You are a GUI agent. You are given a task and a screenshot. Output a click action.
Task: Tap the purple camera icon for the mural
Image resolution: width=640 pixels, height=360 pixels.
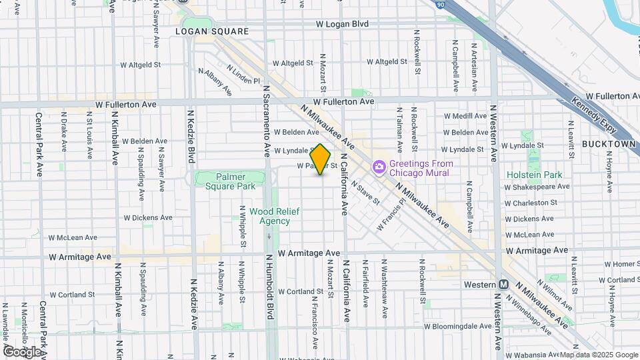[x=379, y=165]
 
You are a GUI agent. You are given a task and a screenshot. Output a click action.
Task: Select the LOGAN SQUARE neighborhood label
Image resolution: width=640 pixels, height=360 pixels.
[x=211, y=31]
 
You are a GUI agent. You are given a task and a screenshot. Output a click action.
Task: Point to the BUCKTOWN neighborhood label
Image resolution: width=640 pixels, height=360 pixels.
[x=608, y=143]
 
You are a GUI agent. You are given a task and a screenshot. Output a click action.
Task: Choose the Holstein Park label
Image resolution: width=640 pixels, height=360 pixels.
[x=534, y=175]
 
